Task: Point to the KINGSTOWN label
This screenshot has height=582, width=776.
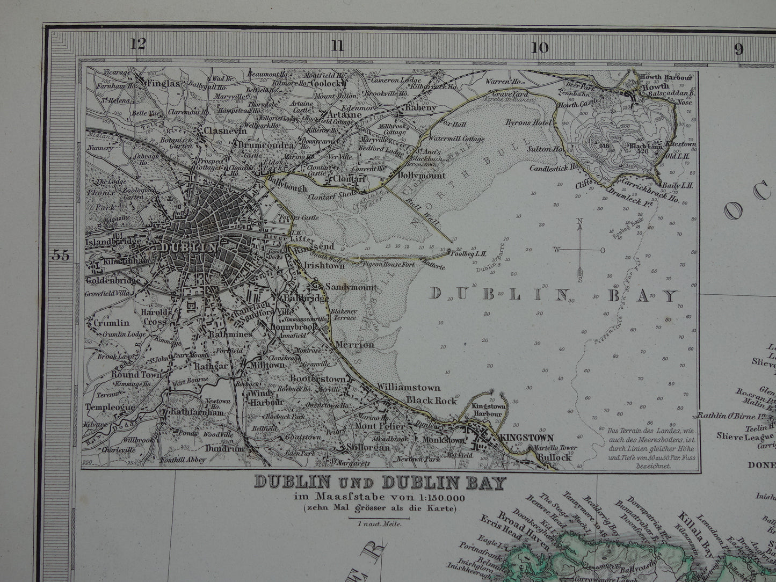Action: [526, 438]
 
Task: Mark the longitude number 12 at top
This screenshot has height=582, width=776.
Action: [138, 45]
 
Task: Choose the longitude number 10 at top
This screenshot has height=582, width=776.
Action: [540, 48]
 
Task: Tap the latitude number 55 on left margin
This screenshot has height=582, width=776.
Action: [61, 256]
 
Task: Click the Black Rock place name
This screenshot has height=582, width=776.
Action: [431, 401]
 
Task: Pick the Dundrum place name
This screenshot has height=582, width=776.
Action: [224, 449]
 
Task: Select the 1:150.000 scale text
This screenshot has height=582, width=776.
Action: [438, 498]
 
